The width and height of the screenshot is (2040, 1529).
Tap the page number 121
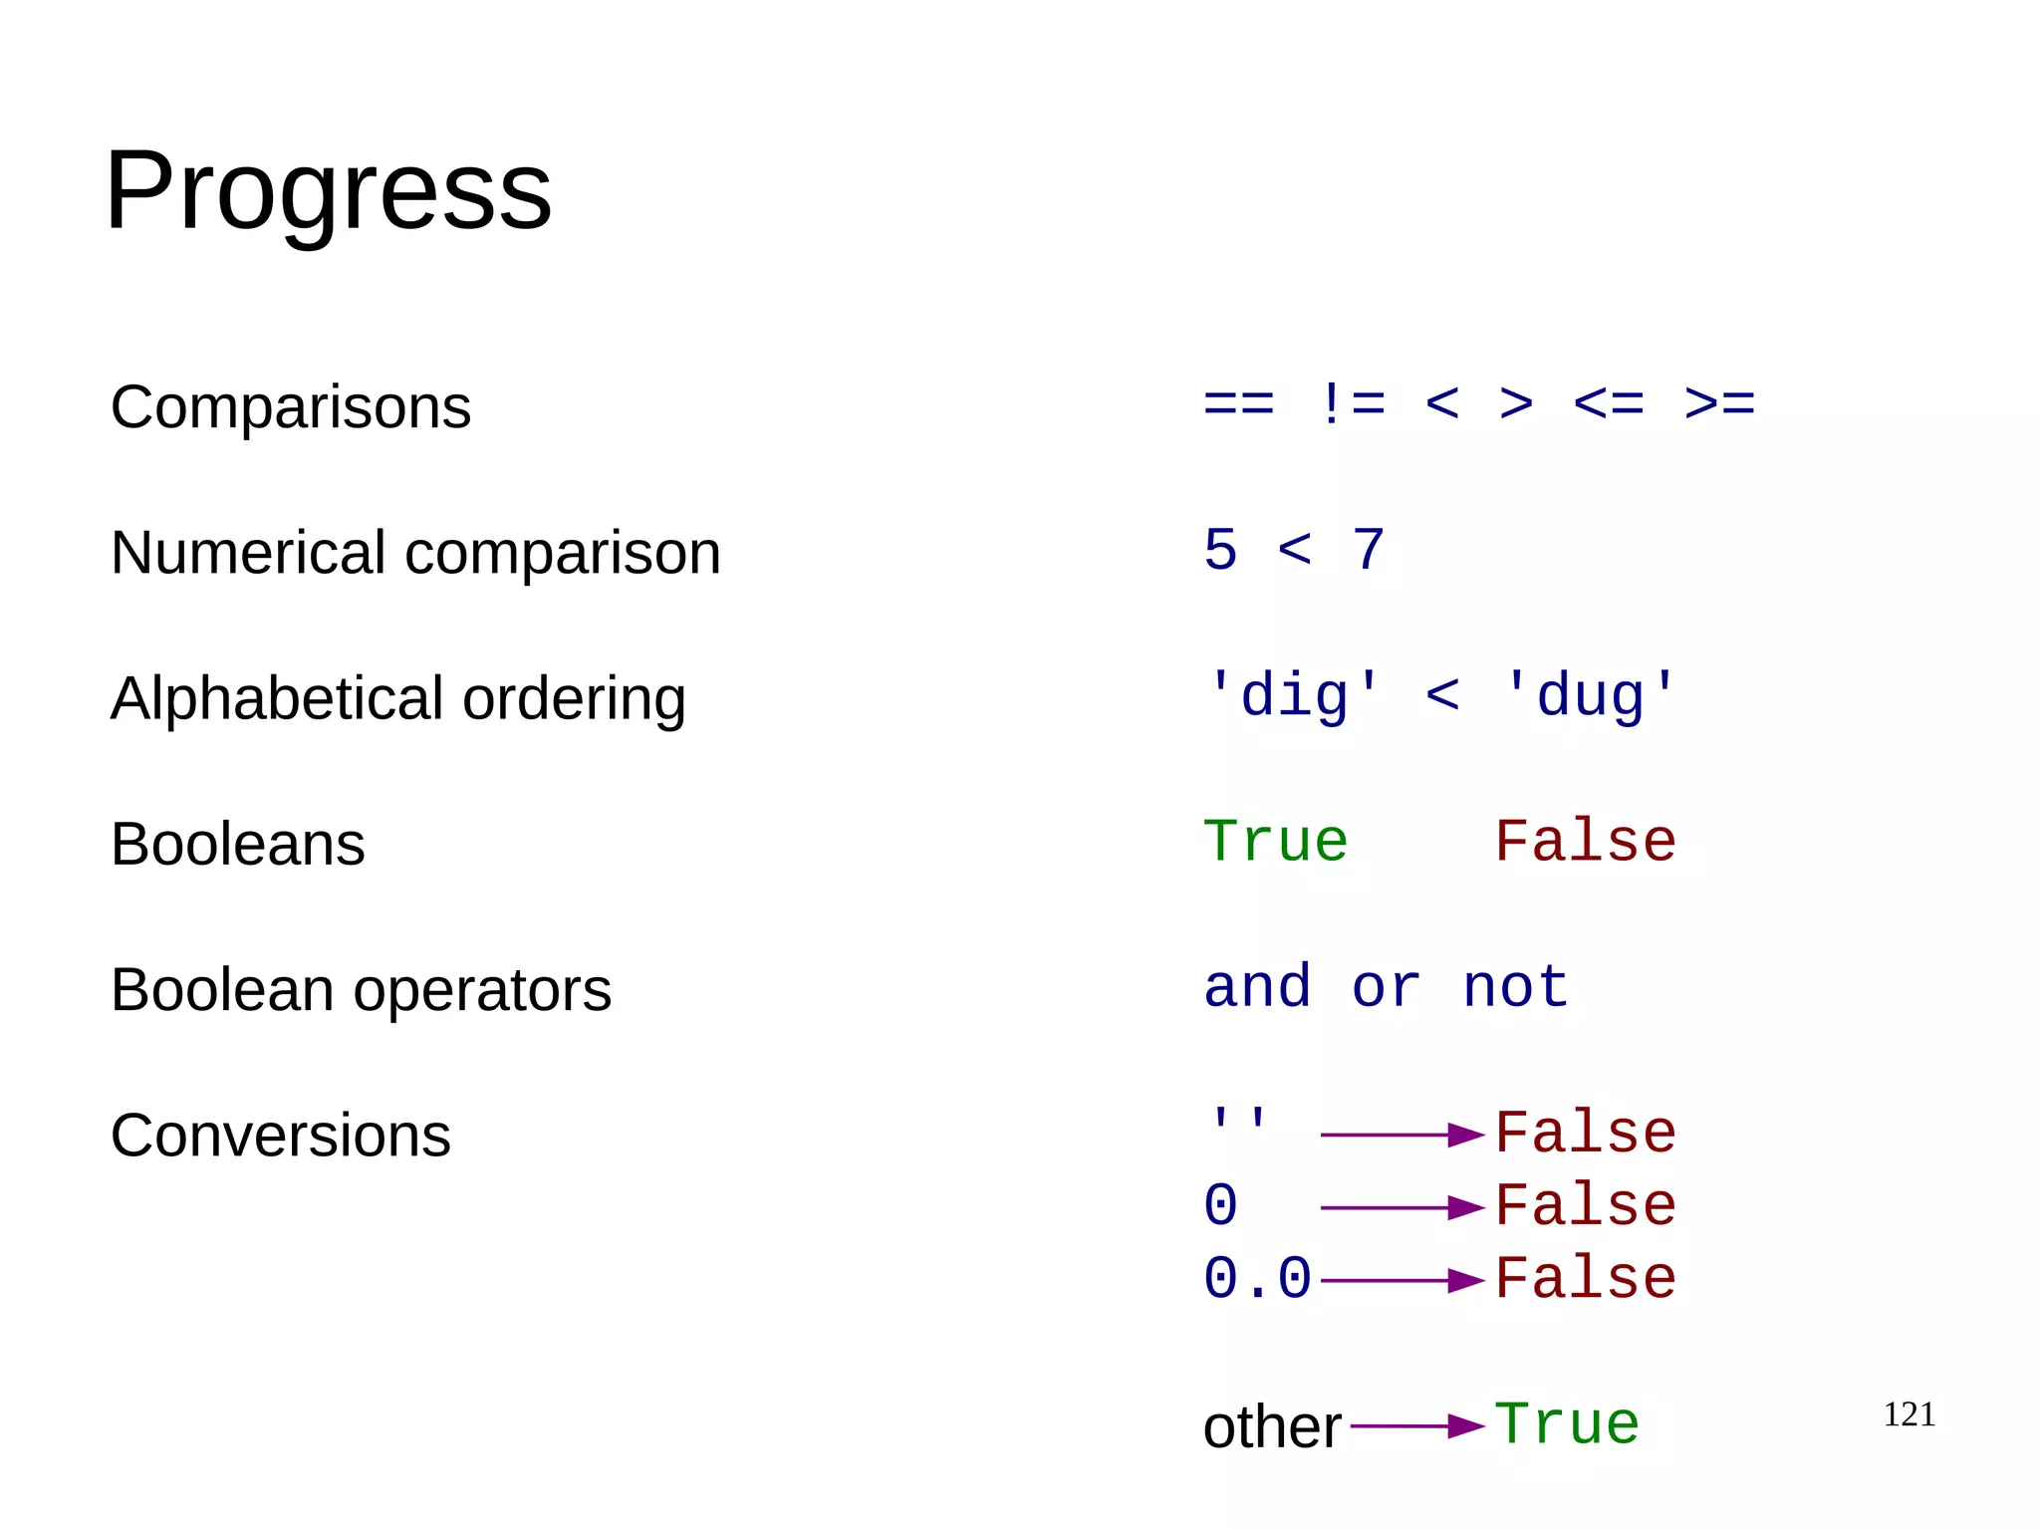[x=1909, y=1414]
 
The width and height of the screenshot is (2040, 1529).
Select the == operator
[x=1238, y=404]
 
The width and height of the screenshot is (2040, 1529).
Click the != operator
[x=1351, y=404]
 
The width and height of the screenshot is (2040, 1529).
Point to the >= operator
[x=1719, y=404]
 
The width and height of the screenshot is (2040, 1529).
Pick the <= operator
[x=1608, y=404]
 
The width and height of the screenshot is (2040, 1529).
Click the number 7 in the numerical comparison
[x=1369, y=550]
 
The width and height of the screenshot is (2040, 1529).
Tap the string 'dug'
[x=1591, y=695]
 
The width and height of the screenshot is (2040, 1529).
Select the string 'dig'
[x=1294, y=695]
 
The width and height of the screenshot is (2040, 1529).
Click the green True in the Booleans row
[x=1275, y=842]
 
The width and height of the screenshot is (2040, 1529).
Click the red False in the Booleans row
[x=1585, y=842]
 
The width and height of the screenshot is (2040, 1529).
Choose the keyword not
[x=1515, y=987]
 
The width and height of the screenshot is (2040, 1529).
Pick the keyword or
[x=1386, y=987]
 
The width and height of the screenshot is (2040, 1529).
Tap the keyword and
[x=1257, y=987]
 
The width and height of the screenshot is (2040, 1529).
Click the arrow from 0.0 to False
[x=1402, y=1280]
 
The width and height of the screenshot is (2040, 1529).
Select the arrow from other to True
[x=1416, y=1425]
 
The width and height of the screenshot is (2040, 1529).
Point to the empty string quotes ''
[x=1238, y=1120]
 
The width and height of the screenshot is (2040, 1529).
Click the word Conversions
[x=280, y=1135]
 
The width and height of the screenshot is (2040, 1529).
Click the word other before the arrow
[x=1271, y=1426]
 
